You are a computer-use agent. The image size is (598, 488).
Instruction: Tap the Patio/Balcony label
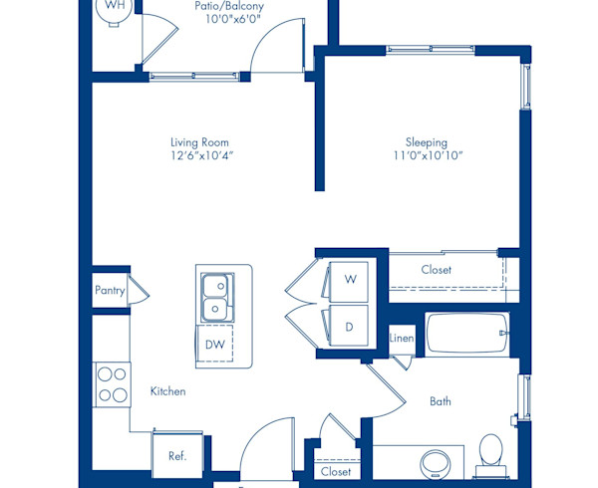[x=229, y=6]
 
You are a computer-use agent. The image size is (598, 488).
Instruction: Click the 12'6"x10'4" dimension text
[x=202, y=155]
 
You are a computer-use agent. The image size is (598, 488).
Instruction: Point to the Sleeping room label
[x=426, y=142]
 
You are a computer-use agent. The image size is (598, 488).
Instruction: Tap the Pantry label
[x=110, y=291]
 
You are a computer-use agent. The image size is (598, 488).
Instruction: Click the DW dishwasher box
[x=215, y=345]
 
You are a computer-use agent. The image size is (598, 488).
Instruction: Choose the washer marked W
[x=349, y=280]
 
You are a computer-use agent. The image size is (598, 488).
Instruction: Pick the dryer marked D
[x=349, y=326]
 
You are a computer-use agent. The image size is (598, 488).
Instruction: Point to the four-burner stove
[x=112, y=384]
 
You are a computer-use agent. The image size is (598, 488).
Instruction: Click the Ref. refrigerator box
[x=176, y=456]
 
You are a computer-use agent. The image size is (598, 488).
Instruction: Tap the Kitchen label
[x=167, y=391]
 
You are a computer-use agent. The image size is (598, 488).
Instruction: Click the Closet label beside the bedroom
[x=436, y=270]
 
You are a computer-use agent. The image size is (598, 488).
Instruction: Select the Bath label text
[x=440, y=401]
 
